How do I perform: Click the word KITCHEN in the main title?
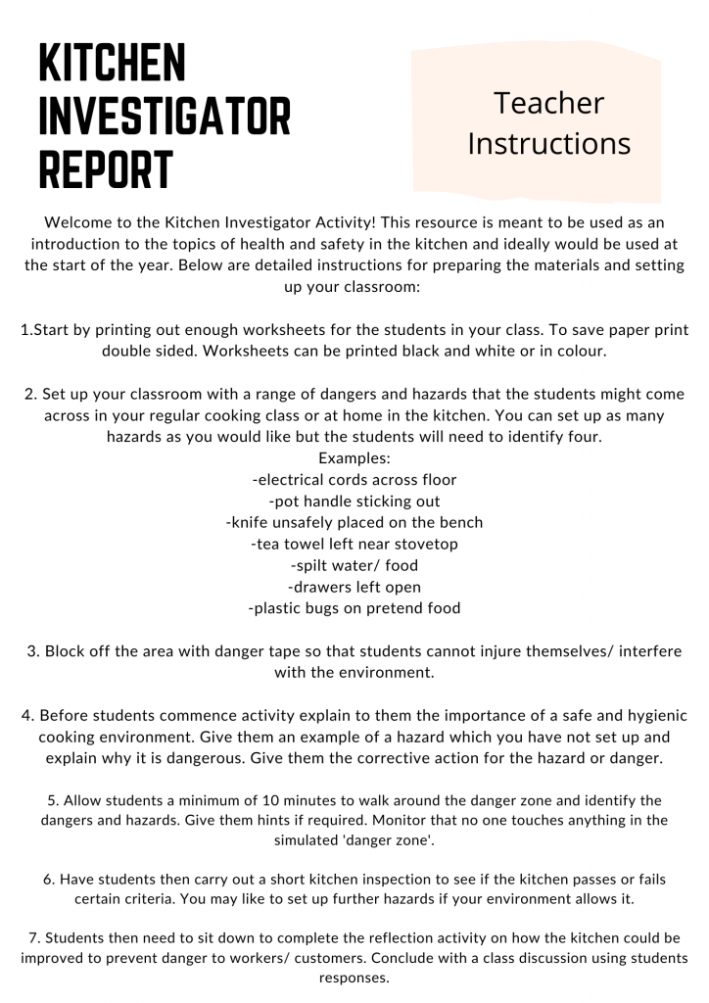[112, 67]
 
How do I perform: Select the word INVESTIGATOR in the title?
[165, 118]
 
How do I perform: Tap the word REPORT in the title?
[106, 168]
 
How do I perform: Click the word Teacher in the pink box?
[548, 103]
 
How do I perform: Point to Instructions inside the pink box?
[548, 143]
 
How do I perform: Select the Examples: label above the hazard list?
[354, 458]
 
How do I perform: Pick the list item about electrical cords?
[354, 480]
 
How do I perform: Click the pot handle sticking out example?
[354, 501]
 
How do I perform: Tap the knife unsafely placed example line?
[354, 522]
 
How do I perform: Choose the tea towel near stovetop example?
[354, 544]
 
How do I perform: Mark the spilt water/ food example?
[354, 565]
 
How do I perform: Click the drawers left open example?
[354, 587]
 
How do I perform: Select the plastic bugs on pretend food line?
[354, 608]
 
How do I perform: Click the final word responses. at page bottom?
[354, 978]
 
